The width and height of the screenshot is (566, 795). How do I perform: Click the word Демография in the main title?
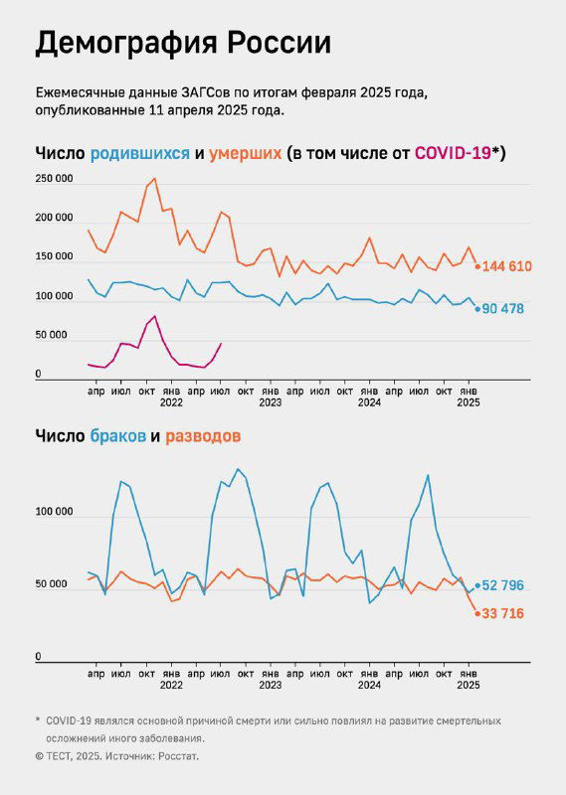[126, 44]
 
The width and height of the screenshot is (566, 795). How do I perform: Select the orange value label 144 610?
[516, 266]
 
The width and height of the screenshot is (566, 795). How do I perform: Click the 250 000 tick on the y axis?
[54, 179]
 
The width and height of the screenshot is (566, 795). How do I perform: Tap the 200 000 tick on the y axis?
[54, 219]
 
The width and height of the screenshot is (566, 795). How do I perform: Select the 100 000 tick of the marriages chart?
[54, 513]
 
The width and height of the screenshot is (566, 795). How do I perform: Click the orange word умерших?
[245, 153]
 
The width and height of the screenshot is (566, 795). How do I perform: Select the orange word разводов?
[203, 436]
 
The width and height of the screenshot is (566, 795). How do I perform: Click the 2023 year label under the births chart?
[271, 402]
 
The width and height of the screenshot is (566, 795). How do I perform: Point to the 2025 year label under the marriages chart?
[469, 684]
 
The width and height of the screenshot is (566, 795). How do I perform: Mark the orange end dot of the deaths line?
[477, 266]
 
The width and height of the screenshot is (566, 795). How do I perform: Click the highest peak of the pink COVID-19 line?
[154, 316]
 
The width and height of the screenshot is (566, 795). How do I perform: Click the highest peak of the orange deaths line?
[153, 179]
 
